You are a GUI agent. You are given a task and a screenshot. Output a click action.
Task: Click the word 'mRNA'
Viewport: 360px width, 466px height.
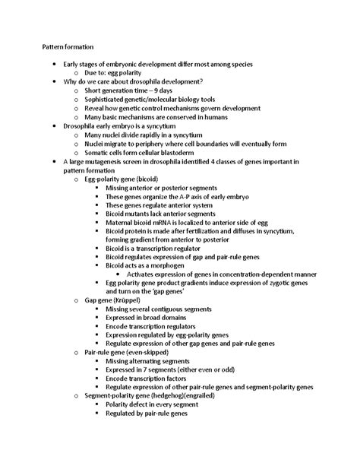tap(156, 223)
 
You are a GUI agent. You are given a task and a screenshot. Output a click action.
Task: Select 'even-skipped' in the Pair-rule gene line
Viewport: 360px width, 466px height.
tap(149, 353)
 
